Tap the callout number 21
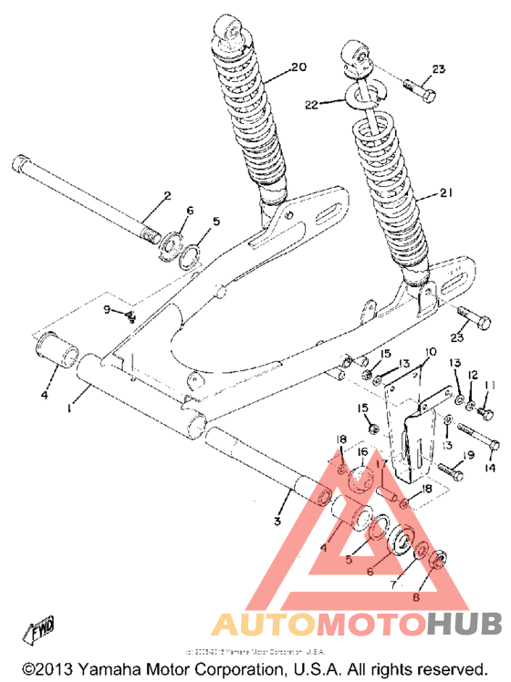pos(446,193)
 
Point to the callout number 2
pos(167,195)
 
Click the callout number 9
pos(106,311)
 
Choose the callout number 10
pos(430,350)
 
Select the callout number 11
pos(489,387)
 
